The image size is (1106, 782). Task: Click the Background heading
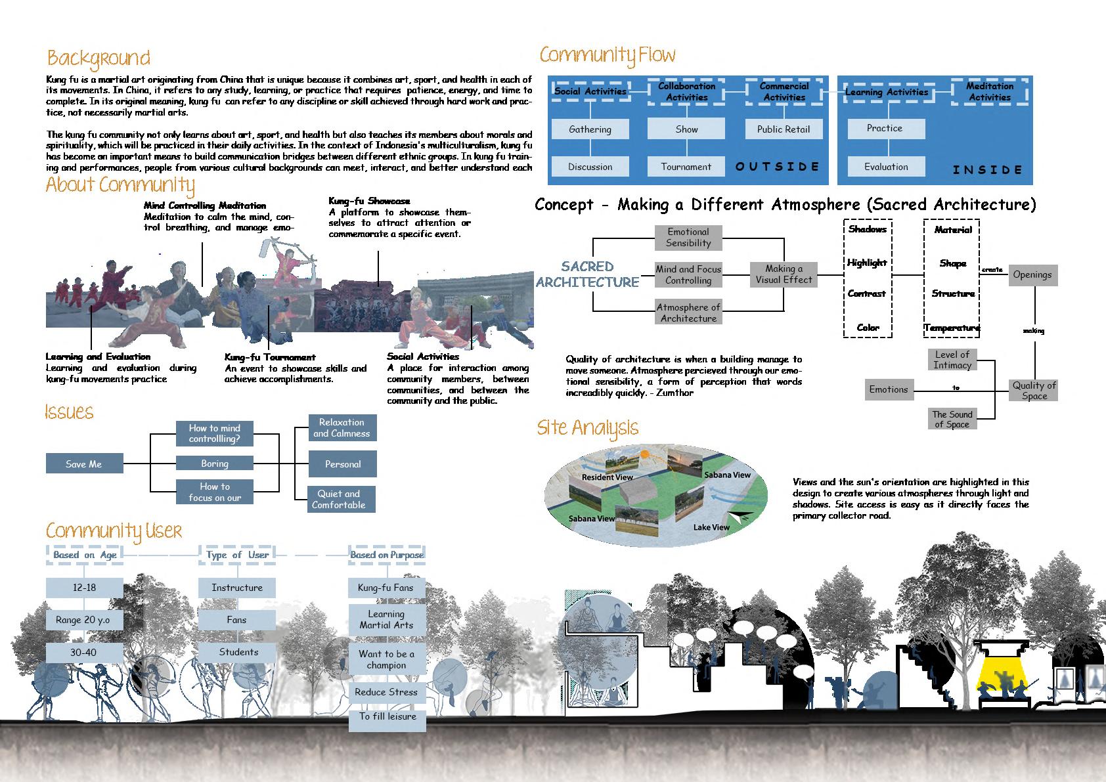point(99,58)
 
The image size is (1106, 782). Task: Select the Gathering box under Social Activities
point(590,129)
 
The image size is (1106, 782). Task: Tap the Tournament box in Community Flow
point(686,167)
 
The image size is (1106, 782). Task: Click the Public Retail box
point(783,129)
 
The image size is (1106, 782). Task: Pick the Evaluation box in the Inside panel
point(886,167)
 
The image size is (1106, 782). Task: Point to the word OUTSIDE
point(778,167)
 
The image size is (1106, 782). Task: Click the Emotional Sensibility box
point(688,237)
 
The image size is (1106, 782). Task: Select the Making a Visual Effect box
point(784,274)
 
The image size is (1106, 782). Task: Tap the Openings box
point(1032,274)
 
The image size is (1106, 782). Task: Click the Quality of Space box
point(1034,390)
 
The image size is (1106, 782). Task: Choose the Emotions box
point(888,389)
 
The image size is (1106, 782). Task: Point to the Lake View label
point(711,527)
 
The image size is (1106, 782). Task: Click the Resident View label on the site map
point(607,477)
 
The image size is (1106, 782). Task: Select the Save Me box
point(84,464)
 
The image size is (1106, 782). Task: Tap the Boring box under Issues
point(215,464)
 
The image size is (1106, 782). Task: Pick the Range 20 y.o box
point(84,620)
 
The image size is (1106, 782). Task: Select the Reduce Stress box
point(386,692)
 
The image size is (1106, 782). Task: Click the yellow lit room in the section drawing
point(1004,676)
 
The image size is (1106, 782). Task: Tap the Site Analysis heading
point(587,428)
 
